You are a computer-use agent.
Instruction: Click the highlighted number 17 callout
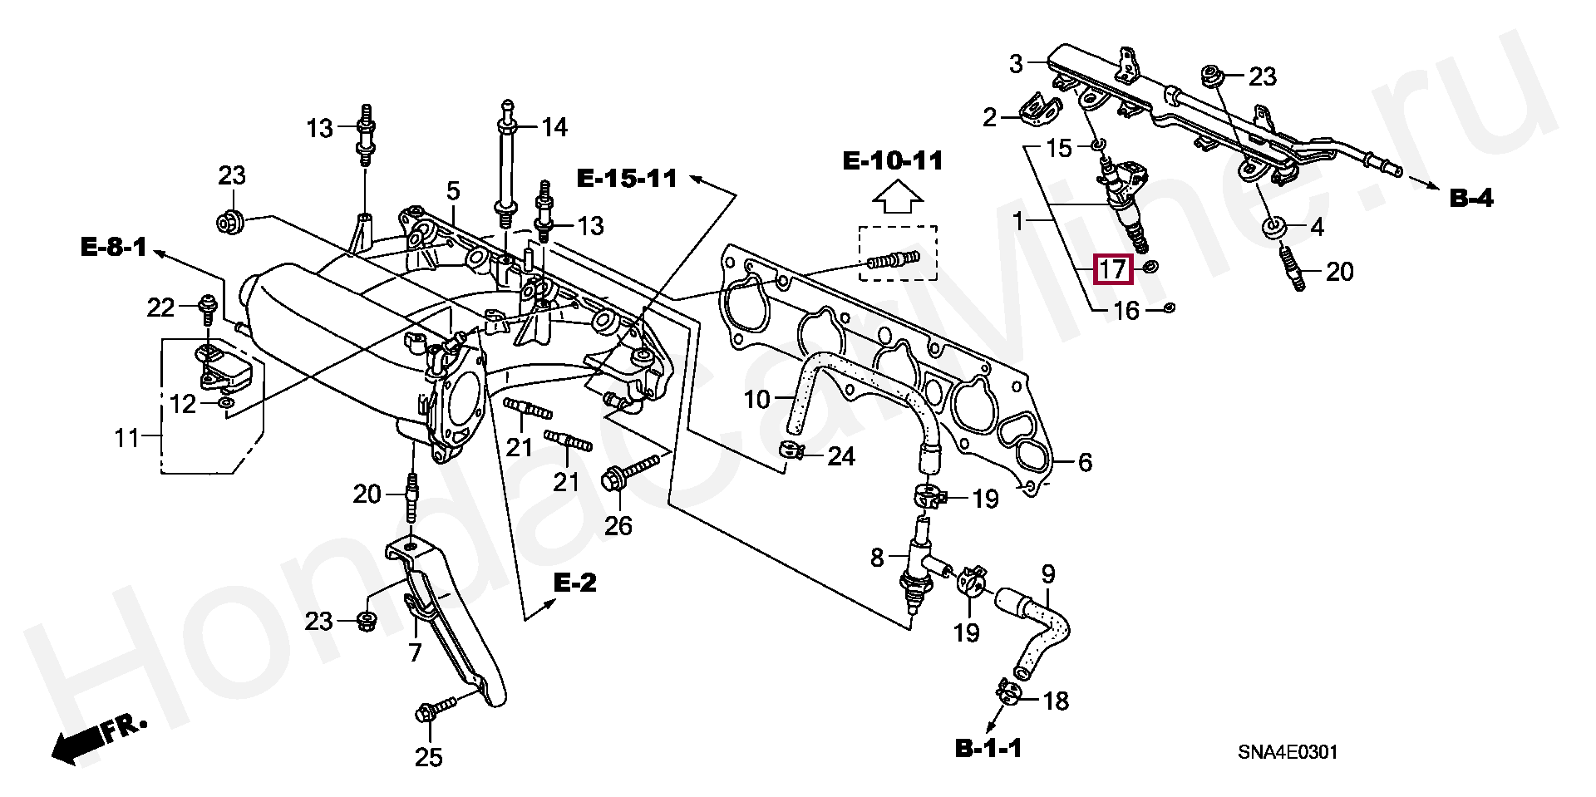pyautogui.click(x=1112, y=269)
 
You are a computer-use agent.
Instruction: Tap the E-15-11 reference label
pyautogui.click(x=628, y=178)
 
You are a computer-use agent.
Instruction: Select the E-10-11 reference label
pyautogui.click(x=893, y=160)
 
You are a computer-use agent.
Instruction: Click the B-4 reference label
pyautogui.click(x=1471, y=198)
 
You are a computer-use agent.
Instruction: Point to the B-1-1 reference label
pyautogui.click(x=988, y=749)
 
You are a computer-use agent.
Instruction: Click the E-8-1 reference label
pyautogui.click(x=114, y=247)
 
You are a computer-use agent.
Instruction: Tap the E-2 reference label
pyautogui.click(x=575, y=583)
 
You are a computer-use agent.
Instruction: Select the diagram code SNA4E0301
pyautogui.click(x=1288, y=752)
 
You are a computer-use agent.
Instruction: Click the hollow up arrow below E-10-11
pyautogui.click(x=898, y=203)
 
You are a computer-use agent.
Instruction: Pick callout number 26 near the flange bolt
pyautogui.click(x=618, y=525)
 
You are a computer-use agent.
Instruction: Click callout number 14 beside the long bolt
pyautogui.click(x=554, y=127)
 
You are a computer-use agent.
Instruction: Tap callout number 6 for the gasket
pyautogui.click(x=1085, y=462)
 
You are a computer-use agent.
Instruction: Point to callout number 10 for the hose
pyautogui.click(x=757, y=400)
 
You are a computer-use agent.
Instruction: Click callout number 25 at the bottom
pyautogui.click(x=429, y=757)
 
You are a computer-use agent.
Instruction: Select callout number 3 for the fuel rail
pyautogui.click(x=1015, y=63)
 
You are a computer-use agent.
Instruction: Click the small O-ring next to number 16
pyautogui.click(x=1168, y=309)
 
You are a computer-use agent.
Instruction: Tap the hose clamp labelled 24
pyautogui.click(x=791, y=451)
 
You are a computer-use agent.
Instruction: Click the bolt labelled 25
pyautogui.click(x=435, y=709)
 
